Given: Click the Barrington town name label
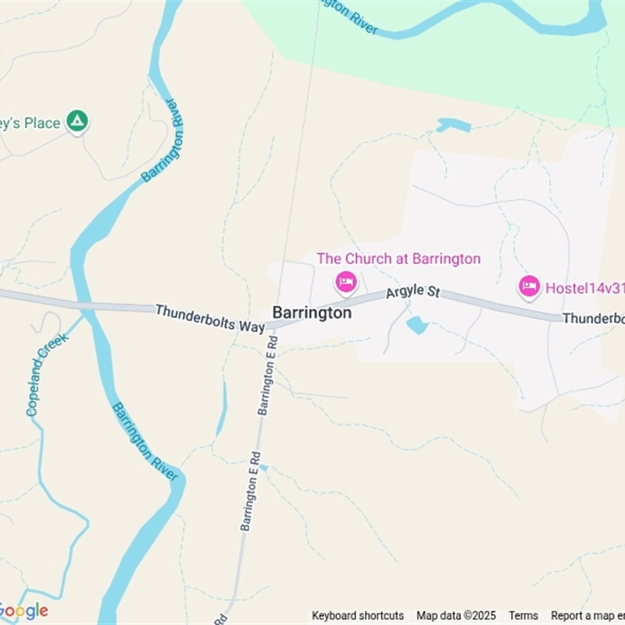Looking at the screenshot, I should pos(312,312).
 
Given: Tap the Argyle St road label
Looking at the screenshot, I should pos(412,292).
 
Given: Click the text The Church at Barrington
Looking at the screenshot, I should pos(398,259).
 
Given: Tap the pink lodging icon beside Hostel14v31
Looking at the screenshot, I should pos(529,287).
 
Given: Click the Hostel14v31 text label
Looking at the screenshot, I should pos(584,287).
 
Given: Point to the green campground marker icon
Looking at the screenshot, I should pos(77,121).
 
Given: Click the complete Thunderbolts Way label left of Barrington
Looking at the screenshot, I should pos(210,318).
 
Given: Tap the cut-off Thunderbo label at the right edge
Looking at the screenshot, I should pos(593,318).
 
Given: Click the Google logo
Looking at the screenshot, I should pos(23,611).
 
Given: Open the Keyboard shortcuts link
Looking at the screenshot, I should pos(358,616).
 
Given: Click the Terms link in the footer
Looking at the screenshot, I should pos(523,616).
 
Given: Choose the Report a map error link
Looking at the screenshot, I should pos(587,616).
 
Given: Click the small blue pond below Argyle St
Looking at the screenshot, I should pos(417,325).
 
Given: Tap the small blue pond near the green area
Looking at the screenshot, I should pos(454,125).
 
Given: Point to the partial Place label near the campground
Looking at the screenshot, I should pos(30,123).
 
